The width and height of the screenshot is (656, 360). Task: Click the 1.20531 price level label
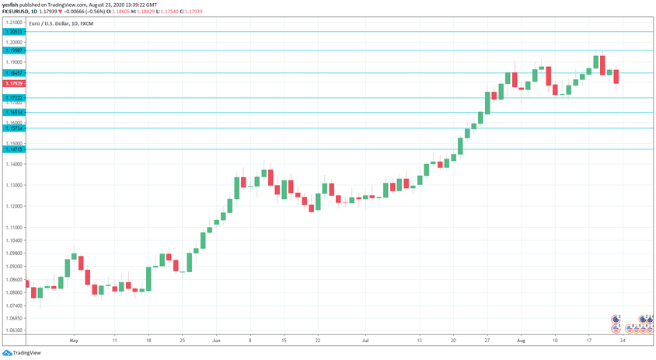(x=13, y=32)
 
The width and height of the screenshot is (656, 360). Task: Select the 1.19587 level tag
(x=13, y=51)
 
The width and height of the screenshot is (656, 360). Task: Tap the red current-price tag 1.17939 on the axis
(x=13, y=83)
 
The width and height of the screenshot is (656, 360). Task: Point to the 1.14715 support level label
(x=13, y=149)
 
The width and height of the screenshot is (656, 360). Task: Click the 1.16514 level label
(x=13, y=113)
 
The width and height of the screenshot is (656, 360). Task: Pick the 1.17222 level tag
(x=13, y=98)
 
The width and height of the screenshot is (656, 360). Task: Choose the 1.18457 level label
(x=13, y=73)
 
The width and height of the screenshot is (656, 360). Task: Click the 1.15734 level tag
(x=13, y=128)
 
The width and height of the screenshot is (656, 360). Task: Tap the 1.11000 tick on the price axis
(x=13, y=227)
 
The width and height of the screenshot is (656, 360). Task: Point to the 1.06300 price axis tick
(x=13, y=330)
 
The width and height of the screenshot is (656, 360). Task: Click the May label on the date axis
(x=74, y=341)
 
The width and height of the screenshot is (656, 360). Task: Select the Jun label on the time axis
(x=217, y=341)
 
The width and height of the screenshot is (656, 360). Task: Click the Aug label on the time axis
(x=521, y=341)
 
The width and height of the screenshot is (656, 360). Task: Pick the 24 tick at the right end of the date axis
(x=622, y=341)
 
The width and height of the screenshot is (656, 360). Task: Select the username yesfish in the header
(x=12, y=4)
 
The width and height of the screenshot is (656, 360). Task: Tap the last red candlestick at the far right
(x=616, y=76)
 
